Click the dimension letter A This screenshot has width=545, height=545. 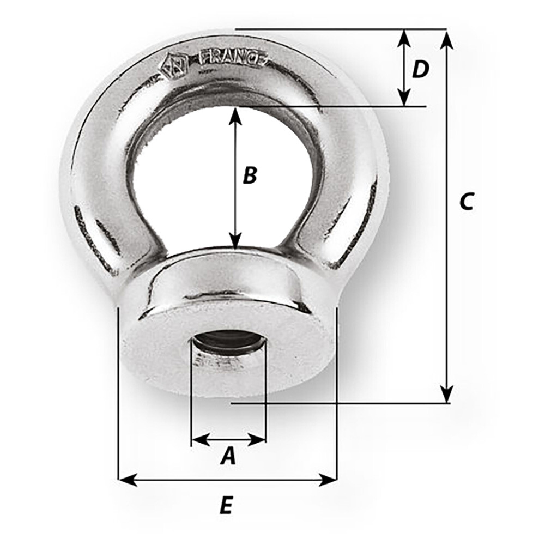[x=228, y=456]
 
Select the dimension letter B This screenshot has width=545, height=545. [x=249, y=175]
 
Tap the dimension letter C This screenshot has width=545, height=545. [x=466, y=201]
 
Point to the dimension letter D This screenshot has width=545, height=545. [x=420, y=69]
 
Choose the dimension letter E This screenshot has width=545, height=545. [x=226, y=506]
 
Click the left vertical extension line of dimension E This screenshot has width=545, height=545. [x=118, y=392]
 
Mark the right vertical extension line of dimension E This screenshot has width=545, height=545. [x=337, y=392]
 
